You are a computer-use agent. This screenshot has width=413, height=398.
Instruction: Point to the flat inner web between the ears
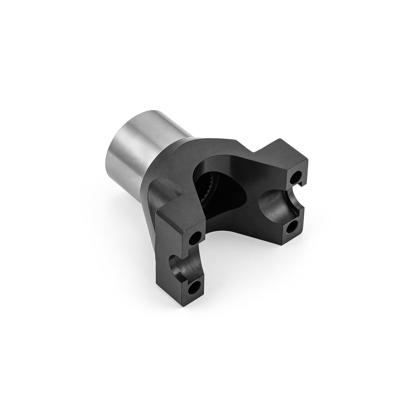246,200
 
